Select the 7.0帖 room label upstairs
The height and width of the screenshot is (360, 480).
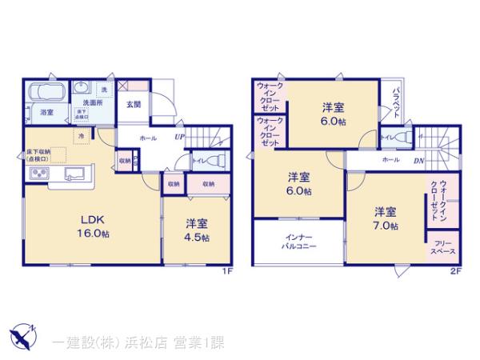click(384, 218)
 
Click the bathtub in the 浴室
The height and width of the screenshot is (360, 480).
click(46, 94)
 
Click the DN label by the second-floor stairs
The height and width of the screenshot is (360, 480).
click(418, 160)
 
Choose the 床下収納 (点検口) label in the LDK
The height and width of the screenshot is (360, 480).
click(37, 155)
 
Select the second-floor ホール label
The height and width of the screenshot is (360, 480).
click(390, 160)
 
